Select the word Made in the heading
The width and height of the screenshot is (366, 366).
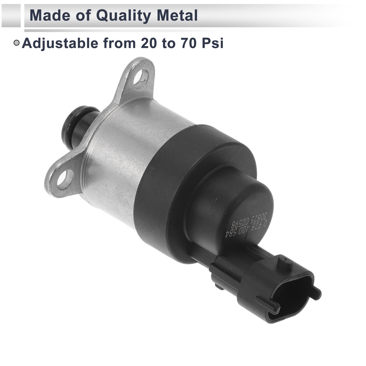point(50,15)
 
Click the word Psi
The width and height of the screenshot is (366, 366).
point(213,43)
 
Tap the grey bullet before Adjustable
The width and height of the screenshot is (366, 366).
point(17,43)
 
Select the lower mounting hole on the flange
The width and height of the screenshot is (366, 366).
point(65,178)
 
